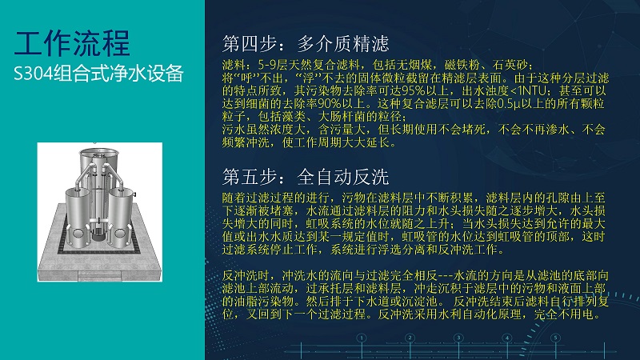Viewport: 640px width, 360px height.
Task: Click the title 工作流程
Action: click(72, 43)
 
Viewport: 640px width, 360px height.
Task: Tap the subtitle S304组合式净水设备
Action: click(98, 74)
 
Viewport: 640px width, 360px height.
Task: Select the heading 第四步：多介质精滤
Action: click(306, 44)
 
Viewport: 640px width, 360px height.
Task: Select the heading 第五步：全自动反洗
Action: click(306, 177)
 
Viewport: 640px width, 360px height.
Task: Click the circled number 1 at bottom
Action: click(362, 338)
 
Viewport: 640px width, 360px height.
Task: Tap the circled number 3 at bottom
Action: click(458, 338)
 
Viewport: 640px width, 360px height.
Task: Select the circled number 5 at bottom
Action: click(555, 338)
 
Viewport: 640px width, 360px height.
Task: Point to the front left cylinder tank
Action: click(78, 216)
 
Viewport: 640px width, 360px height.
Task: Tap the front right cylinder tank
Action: click(121, 217)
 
